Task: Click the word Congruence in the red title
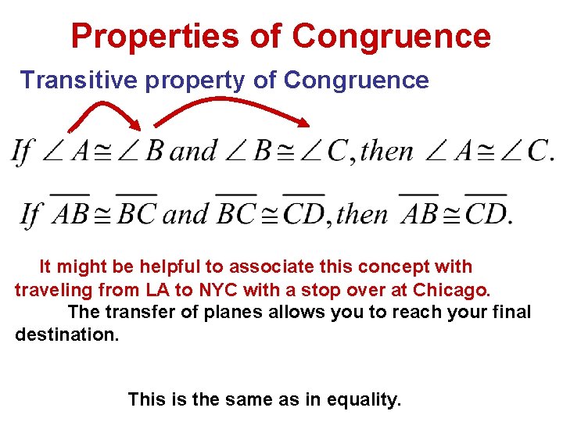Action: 392,36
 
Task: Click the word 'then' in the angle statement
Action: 386,151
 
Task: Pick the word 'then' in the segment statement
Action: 362,213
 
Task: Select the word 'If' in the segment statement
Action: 31,213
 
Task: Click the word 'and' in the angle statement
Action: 193,151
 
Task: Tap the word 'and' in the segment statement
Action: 186,213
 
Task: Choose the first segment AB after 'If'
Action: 70,212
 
